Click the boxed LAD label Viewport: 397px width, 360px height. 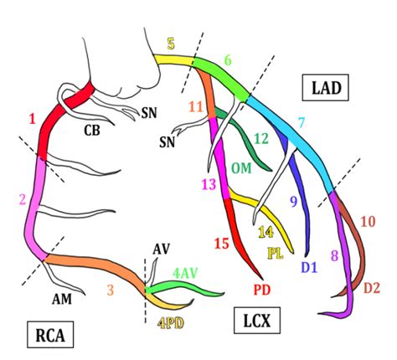325,87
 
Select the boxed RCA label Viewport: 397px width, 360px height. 50,334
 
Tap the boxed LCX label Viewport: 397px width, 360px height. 257,321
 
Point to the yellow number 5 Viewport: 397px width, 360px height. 171,44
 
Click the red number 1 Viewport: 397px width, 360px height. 33,120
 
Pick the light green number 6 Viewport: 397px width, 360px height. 228,60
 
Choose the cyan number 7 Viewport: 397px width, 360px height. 302,123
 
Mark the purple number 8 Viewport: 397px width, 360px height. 335,255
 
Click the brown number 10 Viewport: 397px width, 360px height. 368,222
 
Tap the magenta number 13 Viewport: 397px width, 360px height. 209,184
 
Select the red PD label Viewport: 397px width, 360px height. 262,290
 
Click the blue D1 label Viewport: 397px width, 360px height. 309,267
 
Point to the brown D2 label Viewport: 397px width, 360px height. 372,288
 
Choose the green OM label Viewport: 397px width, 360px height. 242,168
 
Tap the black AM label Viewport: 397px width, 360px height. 62,299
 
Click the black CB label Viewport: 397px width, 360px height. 92,131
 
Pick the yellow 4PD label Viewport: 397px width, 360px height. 170,323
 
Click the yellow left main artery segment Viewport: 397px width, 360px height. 174,60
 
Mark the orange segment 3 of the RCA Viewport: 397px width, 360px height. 95,265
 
